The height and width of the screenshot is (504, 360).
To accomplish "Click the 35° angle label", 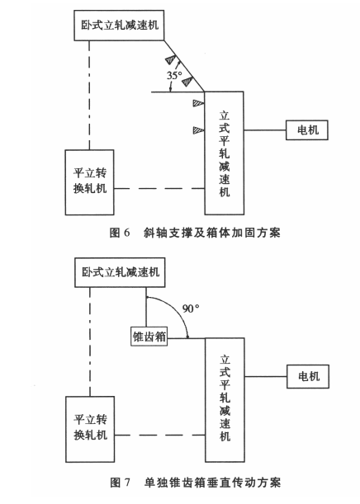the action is coord(174,75).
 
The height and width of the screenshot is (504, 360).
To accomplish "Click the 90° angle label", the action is coord(191,309).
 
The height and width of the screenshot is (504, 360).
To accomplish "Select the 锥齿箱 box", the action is coord(149,337).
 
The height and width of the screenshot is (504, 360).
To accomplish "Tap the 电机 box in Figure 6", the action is coord(307,130).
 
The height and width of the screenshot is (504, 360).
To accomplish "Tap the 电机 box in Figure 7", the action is coord(308,376).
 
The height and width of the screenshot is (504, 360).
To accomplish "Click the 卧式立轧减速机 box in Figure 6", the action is coord(119,26).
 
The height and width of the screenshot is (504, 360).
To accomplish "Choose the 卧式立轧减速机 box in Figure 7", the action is coord(120,272).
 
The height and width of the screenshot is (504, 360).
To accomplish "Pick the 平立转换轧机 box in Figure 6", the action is coord(89,182).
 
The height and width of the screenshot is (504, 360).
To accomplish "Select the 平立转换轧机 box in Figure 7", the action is coord(90,429).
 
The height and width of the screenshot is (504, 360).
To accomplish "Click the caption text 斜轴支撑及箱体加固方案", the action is coord(212,233).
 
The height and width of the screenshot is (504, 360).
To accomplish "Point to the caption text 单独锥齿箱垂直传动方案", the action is coord(213,483).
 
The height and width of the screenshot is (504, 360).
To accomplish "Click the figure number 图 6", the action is coord(120,233).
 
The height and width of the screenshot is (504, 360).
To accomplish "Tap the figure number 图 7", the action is coord(120,483).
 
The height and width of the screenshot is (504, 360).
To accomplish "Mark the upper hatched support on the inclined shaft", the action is coord(171,59).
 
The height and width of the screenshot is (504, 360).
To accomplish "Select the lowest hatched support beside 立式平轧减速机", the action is coord(198,130).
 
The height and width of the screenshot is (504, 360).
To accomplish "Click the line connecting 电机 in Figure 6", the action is coord(265,130).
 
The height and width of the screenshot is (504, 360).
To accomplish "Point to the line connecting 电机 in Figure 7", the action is coord(265,376).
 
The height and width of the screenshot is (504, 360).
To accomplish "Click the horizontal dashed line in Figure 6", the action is coord(159,188).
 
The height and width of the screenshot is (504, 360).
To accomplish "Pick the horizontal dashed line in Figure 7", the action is coord(160,436).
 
